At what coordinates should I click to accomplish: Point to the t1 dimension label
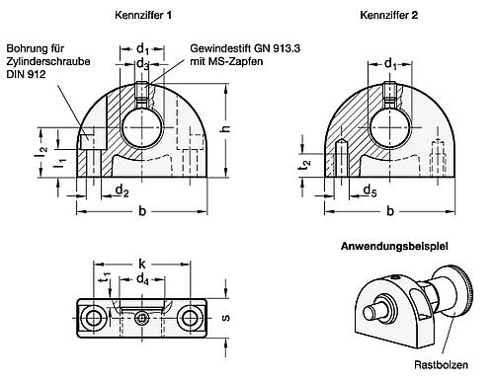tap(106, 279)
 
